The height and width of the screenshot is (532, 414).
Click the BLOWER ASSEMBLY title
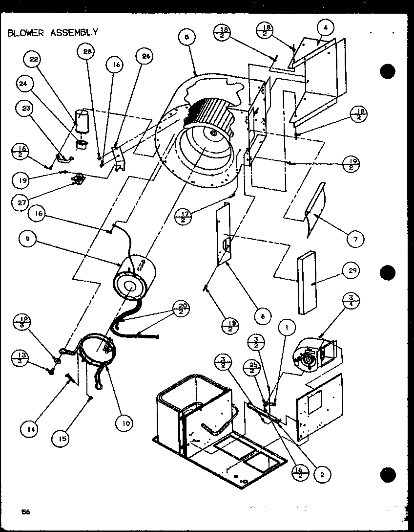pyautogui.click(x=53, y=33)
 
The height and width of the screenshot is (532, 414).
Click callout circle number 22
pyautogui.click(x=33, y=60)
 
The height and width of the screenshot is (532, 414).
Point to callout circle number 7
pyautogui.click(x=355, y=239)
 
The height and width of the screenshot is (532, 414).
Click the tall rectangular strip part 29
pyautogui.click(x=306, y=284)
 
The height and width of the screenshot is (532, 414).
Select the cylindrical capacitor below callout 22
pyautogui.click(x=82, y=121)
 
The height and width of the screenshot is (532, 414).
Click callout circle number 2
pyautogui.click(x=323, y=473)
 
